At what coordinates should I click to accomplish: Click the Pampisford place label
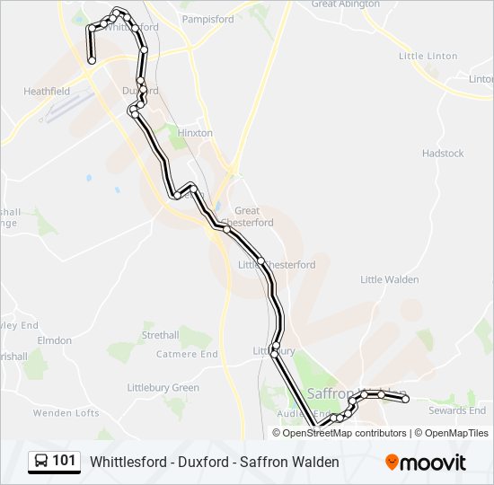pos(207,19)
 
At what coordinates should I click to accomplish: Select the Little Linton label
pos(428,56)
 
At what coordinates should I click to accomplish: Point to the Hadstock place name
pos(443,154)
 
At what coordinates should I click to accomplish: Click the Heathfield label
pos(47,92)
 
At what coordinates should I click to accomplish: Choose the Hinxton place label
pos(196,133)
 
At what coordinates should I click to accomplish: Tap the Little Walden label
pos(389,279)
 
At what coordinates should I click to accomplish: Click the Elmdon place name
pos(54,340)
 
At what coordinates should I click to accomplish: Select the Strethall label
pos(160,335)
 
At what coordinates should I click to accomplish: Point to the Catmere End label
pos(187,354)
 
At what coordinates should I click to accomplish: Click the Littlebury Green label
pos(163,388)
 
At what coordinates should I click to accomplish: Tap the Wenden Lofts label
pos(66,413)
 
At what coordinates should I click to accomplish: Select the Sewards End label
pos(457,410)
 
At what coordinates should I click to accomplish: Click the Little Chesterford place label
pos(277,265)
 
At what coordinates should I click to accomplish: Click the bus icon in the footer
pos(41,462)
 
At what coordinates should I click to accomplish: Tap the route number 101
pos(65,461)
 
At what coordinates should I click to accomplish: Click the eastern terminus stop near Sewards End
pos(405,400)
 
